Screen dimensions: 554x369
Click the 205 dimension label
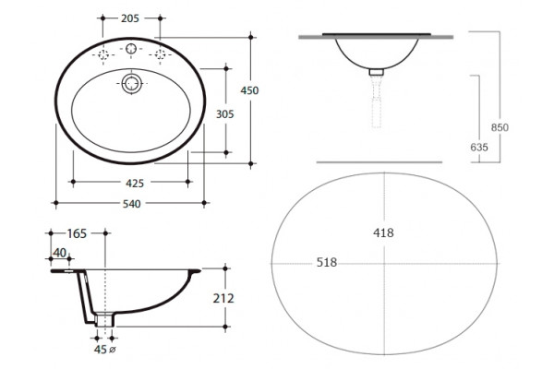click(130, 18)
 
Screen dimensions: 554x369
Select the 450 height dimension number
click(249, 90)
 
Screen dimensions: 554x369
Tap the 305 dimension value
click(225, 114)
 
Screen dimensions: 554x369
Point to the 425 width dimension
click(135, 184)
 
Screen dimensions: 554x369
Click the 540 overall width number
click(132, 204)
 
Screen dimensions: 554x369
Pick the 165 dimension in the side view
click(77, 233)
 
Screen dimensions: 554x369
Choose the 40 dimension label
click(59, 253)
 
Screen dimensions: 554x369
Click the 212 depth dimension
click(223, 299)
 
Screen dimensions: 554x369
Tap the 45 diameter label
click(101, 350)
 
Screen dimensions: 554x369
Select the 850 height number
click(500, 127)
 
